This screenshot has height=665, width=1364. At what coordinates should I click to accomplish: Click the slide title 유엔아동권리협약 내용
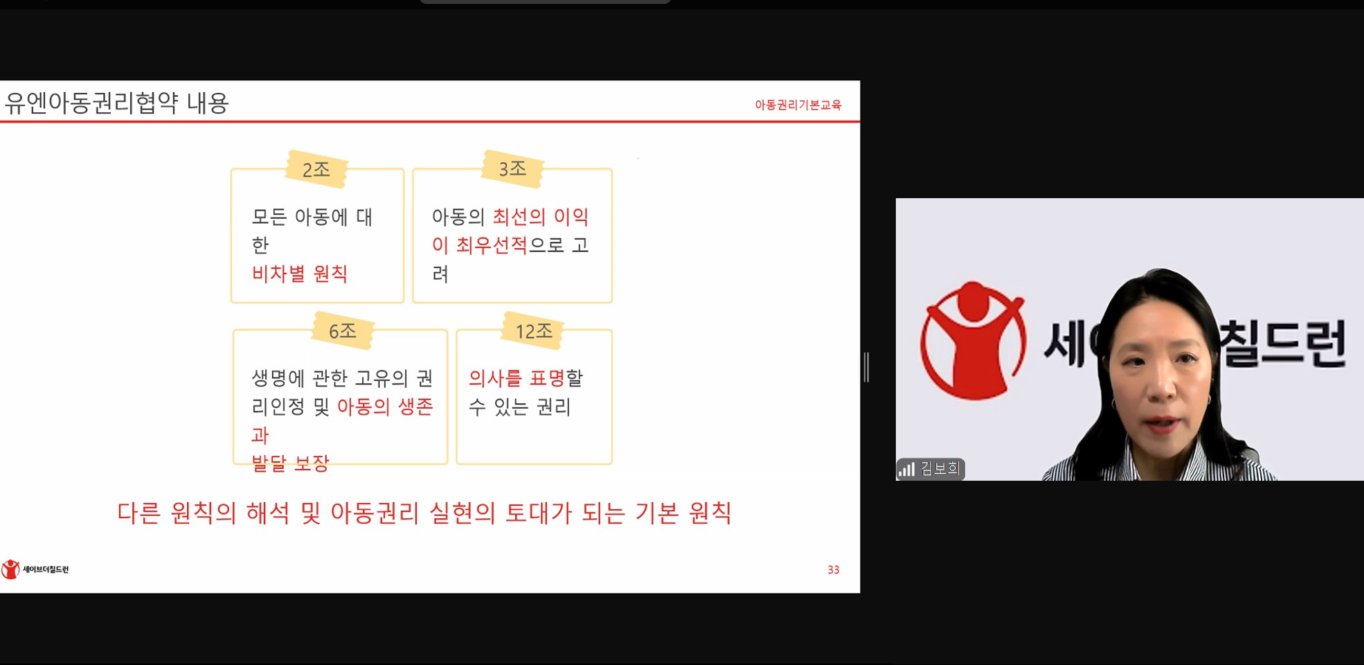click(x=116, y=103)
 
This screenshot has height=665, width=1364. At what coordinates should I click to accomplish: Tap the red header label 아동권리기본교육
click(x=798, y=105)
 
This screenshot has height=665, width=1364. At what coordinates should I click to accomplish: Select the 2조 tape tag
click(x=316, y=169)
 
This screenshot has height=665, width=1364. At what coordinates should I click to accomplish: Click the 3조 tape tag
click(x=512, y=168)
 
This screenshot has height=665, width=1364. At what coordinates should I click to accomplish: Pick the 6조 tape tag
click(x=343, y=330)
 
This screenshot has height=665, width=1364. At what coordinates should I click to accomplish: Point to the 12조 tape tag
click(x=534, y=330)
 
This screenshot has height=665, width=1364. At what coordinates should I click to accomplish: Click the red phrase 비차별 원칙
click(x=299, y=274)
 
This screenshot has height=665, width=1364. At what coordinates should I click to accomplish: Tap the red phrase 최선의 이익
click(x=540, y=217)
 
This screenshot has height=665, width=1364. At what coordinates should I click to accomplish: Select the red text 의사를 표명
click(x=517, y=378)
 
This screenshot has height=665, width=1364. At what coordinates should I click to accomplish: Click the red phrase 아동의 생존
click(x=385, y=407)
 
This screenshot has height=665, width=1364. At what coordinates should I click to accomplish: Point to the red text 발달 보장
click(x=290, y=463)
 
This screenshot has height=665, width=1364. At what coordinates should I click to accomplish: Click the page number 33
click(x=834, y=569)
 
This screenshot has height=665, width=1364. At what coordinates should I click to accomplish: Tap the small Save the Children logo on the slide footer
click(x=35, y=569)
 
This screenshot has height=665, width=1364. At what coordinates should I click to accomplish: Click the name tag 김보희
click(x=940, y=469)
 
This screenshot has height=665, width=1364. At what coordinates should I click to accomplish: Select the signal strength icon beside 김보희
click(x=906, y=470)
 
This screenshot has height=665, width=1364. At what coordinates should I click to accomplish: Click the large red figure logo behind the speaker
click(x=973, y=339)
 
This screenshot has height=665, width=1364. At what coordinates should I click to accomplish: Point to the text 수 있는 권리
click(x=519, y=407)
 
